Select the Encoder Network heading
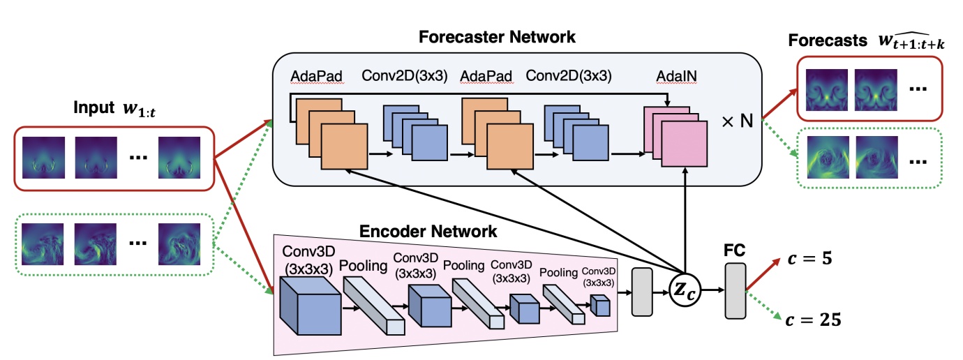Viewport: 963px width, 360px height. coord(428,231)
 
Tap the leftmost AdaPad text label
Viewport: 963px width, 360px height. coord(317,75)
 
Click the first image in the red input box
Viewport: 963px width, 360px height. coord(43,159)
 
